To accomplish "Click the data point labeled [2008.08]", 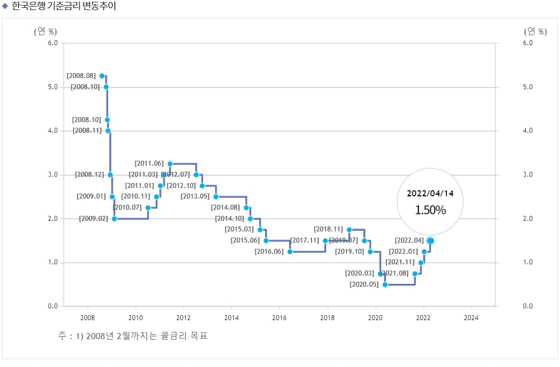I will pyautogui.click(x=102, y=76).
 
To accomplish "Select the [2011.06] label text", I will pyautogui.click(x=149, y=163).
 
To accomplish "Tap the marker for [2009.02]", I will pyautogui.click(x=114, y=219).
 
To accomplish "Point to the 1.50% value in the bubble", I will pyautogui.click(x=430, y=210).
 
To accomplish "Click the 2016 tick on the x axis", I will pyautogui.click(x=280, y=318).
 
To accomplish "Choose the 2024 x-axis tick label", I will pyautogui.click(x=472, y=318).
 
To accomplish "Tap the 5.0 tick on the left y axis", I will pyautogui.click(x=54, y=87).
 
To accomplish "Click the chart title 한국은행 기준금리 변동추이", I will pyautogui.click(x=64, y=7).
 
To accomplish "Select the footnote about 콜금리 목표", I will pyautogui.click(x=133, y=336).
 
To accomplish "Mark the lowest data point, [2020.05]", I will pyautogui.click(x=385, y=284).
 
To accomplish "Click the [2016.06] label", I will pyautogui.click(x=269, y=252).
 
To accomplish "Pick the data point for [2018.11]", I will pyautogui.click(x=350, y=229).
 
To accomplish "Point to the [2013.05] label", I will pyautogui.click(x=195, y=196).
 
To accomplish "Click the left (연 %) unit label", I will pyautogui.click(x=45, y=31).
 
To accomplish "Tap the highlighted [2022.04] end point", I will pyautogui.click(x=430, y=240).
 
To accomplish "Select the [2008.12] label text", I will pyautogui.click(x=89, y=175).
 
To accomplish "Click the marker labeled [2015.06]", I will pyautogui.click(x=266, y=240).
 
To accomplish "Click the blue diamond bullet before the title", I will pyautogui.click(x=5, y=7).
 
